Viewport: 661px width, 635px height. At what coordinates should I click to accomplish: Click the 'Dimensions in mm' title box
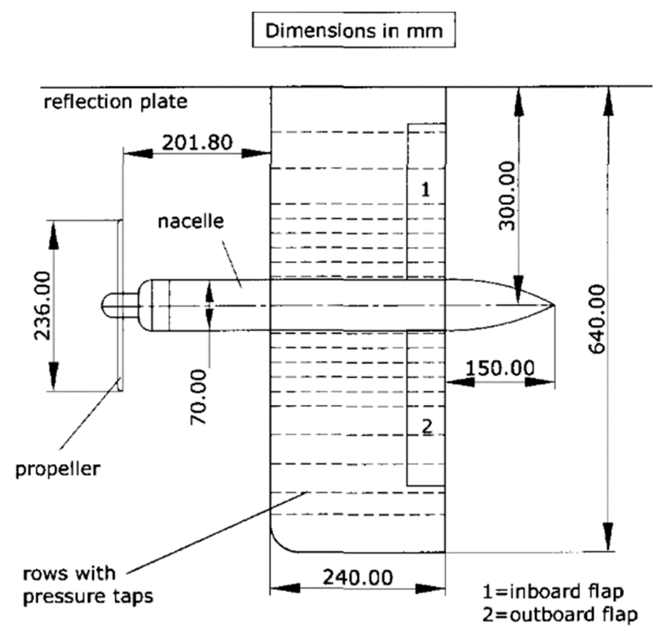point(353,30)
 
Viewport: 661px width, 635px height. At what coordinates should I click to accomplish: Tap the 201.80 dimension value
point(197,142)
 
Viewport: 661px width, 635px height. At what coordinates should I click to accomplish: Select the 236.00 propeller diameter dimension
point(42,305)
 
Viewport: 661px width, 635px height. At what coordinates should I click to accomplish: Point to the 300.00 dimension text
point(507,196)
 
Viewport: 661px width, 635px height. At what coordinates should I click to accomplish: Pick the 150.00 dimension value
point(500,368)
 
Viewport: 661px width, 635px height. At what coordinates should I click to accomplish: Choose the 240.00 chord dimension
point(358,577)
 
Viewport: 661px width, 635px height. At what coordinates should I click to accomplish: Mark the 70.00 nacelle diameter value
point(198,397)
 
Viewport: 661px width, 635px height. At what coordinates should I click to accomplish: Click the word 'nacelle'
point(191,222)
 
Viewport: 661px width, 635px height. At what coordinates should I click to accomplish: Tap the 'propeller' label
point(58,469)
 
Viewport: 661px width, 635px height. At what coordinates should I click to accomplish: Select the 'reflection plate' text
point(115,102)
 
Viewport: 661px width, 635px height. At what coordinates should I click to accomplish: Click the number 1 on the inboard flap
point(426,190)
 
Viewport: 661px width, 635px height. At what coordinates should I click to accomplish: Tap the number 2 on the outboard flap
point(427,426)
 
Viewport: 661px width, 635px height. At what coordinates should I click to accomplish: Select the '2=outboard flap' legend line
point(560,614)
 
